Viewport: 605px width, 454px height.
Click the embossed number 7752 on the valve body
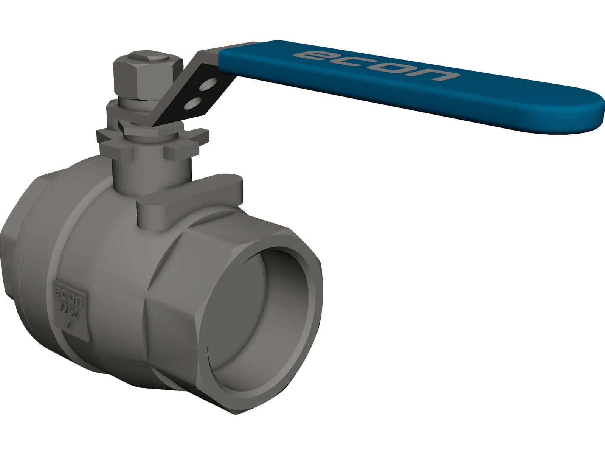[70, 305]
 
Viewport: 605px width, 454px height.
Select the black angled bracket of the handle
[197, 91]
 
